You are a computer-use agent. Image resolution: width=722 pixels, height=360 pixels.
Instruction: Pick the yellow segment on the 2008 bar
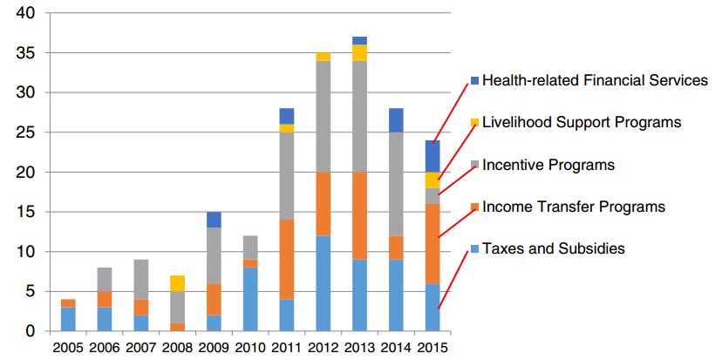177,283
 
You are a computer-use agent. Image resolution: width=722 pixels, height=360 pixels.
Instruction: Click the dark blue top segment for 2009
214,220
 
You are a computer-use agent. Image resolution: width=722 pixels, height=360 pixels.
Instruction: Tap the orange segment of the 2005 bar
68,302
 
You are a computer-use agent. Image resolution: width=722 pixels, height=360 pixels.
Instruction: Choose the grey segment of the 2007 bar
140,280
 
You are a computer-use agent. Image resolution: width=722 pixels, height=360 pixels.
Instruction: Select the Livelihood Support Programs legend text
582,123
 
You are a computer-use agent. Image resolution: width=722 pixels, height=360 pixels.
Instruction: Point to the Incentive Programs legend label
548,165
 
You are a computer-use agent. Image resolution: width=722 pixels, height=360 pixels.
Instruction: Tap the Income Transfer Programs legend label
574,207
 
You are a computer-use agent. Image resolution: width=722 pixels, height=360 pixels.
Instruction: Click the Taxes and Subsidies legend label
554,248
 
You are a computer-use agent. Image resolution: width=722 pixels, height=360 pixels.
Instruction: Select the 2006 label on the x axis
104,347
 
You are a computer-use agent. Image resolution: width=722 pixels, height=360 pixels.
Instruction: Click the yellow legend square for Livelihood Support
474,123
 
